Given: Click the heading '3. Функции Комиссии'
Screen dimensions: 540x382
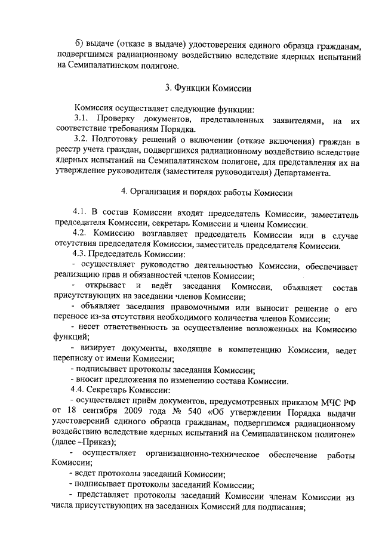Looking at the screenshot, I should pyautogui.click(x=208, y=88).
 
